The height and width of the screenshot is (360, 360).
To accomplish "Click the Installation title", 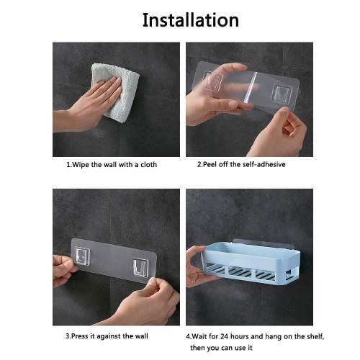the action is [x=191, y=20].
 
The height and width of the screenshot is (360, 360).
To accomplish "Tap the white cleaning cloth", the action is [x=115, y=92].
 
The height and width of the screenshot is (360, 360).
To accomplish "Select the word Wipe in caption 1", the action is [x=81, y=165].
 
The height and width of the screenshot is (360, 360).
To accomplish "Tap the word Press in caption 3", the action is [x=80, y=336].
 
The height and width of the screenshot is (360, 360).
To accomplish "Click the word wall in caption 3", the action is [x=141, y=336].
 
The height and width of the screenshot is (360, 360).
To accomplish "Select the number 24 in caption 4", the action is [x=224, y=336].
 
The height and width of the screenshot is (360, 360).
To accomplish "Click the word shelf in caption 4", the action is [x=314, y=336].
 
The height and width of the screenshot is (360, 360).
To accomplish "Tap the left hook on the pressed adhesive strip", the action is [x=82, y=256].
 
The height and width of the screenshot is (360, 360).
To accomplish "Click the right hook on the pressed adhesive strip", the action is [x=140, y=268].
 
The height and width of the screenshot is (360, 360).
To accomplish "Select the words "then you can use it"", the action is [x=221, y=348].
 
